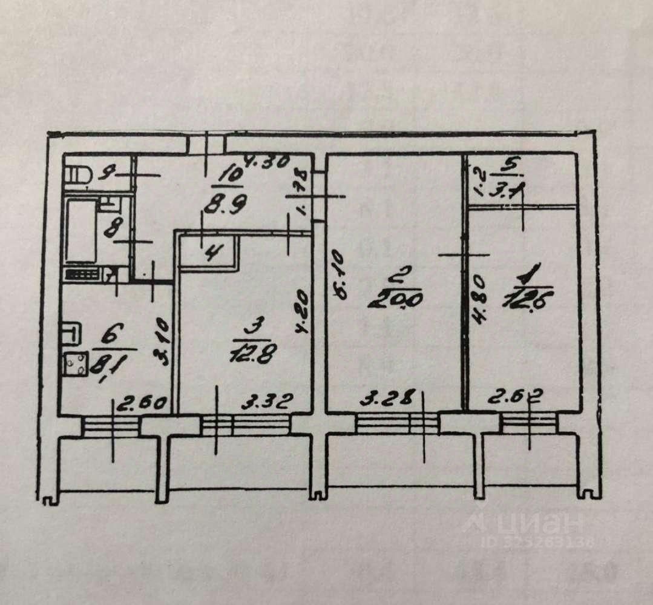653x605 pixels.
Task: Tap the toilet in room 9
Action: [77, 174]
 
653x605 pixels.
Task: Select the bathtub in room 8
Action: [80, 231]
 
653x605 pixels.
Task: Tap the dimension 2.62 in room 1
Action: [516, 399]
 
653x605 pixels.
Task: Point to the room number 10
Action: [231, 175]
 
